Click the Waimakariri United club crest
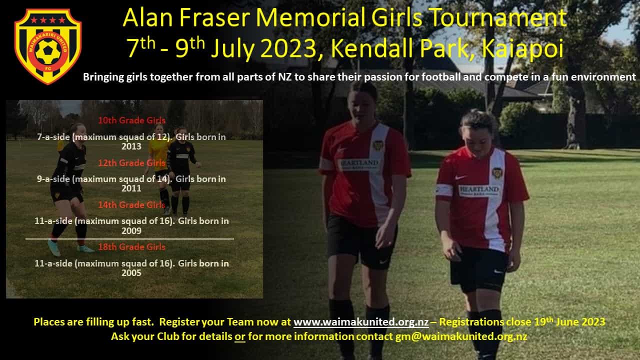tap(48, 46)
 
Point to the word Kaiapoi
tap(522, 49)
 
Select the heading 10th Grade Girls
tap(131, 120)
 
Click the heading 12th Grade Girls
tap(131, 163)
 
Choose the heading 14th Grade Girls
tap(131, 205)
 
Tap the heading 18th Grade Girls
tap(131, 247)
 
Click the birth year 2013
tap(131, 146)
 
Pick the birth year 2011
tap(131, 188)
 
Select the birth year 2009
tap(131, 230)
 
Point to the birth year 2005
tap(131, 273)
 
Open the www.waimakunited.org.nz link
tap(361, 322)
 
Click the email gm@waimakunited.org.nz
tap(461, 336)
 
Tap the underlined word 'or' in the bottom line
tap(240, 337)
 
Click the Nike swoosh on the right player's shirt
tap(461, 177)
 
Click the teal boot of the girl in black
tap(54, 247)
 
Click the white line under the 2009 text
tap(129, 238)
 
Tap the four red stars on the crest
tap(48, 20)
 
